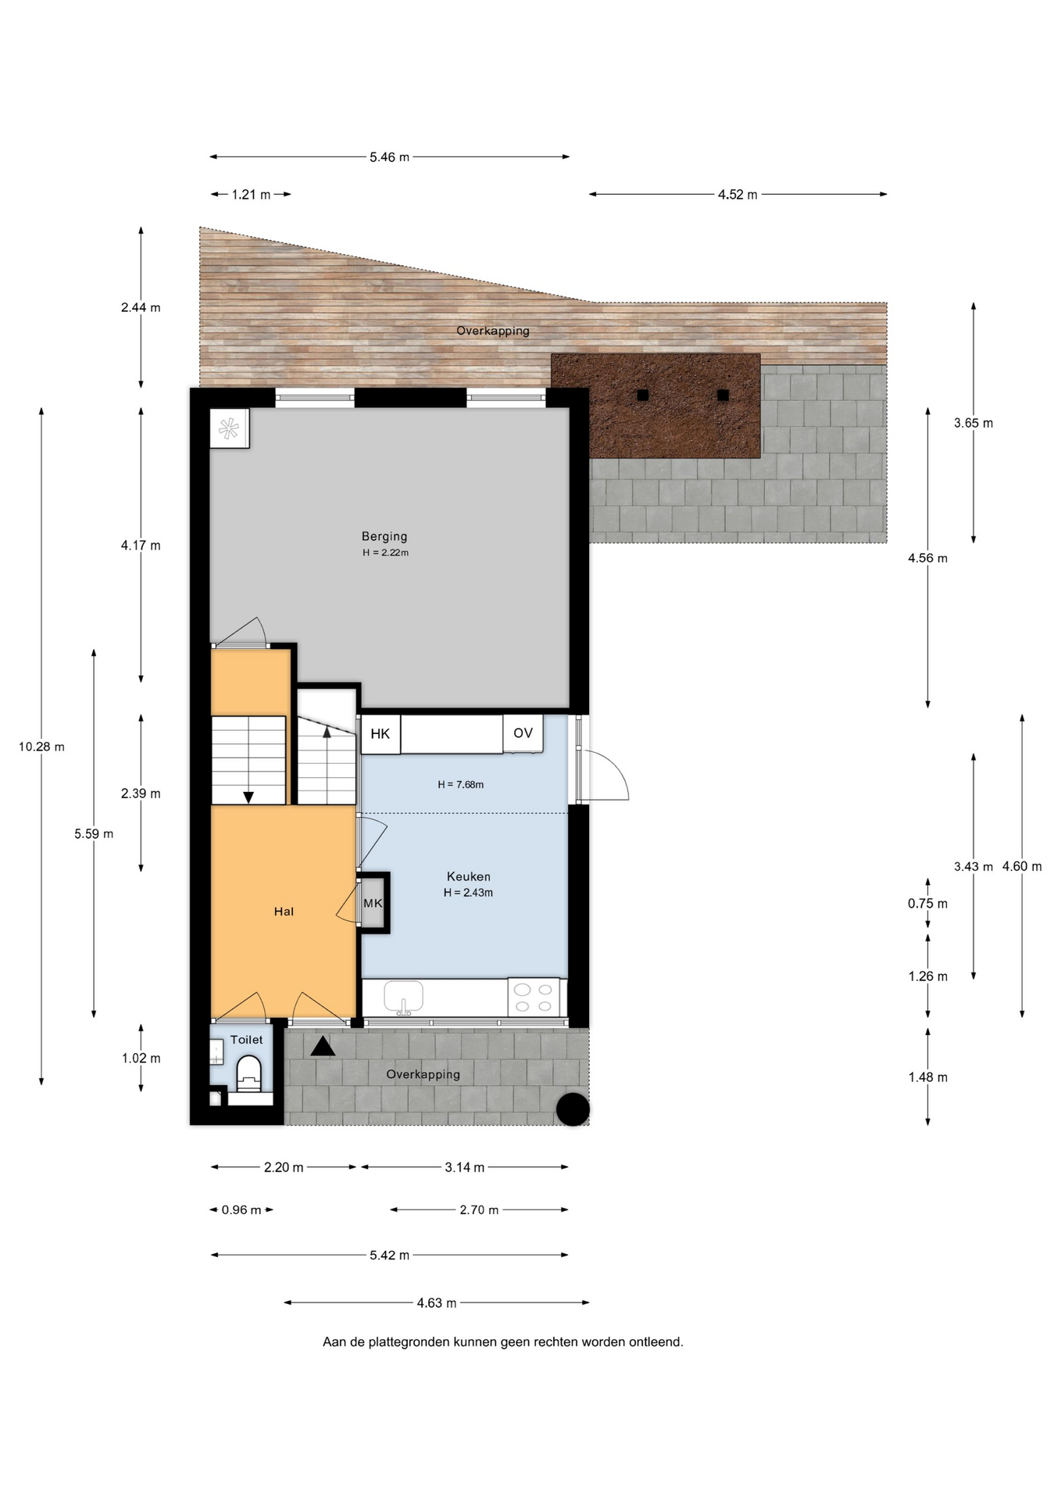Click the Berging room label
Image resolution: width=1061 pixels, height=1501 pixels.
point(384,536)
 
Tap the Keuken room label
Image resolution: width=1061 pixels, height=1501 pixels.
point(469,876)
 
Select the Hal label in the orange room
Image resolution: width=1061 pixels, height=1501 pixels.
point(284,912)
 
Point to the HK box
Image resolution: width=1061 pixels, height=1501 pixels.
point(380,734)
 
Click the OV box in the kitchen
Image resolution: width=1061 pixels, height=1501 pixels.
point(523,733)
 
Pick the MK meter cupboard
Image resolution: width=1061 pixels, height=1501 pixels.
point(373,903)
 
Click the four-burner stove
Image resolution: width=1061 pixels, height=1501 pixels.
point(534,998)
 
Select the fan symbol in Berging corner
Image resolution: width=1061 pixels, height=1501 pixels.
point(229,428)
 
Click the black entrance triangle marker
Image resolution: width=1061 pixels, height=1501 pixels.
point(323,1046)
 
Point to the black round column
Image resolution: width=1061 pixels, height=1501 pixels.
point(573,1109)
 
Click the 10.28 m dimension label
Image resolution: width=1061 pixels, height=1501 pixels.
point(41,747)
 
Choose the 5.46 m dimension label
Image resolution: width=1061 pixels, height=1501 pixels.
point(389,157)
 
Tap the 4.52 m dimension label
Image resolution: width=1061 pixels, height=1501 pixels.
point(738,195)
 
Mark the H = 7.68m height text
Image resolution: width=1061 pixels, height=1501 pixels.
point(460,784)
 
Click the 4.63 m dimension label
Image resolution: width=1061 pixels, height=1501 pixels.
point(436,1303)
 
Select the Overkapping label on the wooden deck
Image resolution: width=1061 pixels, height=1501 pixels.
point(493,331)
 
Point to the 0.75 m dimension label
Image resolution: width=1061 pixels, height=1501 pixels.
point(927,904)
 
